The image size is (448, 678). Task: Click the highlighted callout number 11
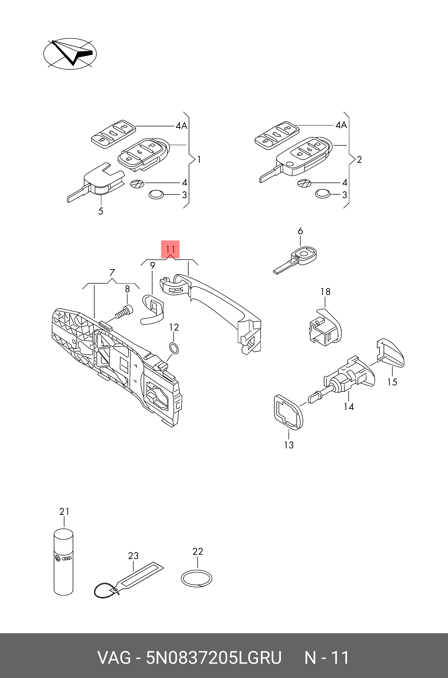tap(170, 249)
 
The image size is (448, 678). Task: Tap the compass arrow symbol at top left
tap(70, 53)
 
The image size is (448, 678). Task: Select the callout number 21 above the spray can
tap(64, 511)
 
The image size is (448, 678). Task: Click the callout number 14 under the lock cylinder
tap(349, 407)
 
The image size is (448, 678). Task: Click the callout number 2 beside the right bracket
tap(359, 160)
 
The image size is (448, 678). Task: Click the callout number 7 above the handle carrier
tap(112, 272)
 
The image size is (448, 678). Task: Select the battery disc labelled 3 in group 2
tap(323, 194)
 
